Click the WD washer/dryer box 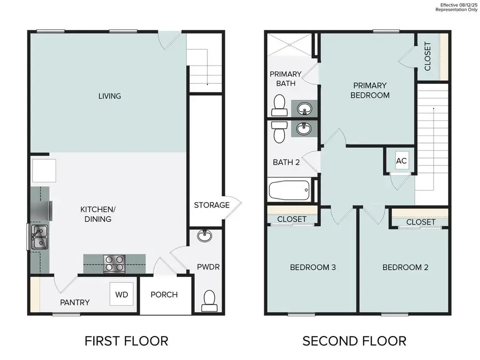pos(123,294)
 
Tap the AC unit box pos(402,161)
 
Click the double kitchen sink pos(38,237)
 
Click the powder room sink pos(204,236)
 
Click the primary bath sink pos(305,109)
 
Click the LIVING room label pos(109,97)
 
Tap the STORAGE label pos(211,205)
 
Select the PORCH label pos(164,295)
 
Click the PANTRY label pos(74,302)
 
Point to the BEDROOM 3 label pos(312,267)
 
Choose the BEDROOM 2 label pos(405,267)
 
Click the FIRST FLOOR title pos(126,340)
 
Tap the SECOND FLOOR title pos(354,340)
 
